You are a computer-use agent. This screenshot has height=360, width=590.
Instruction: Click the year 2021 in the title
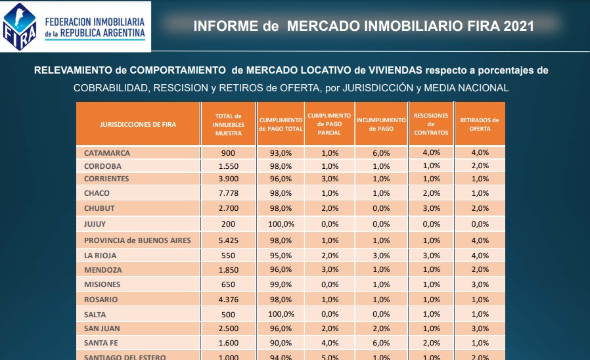(x=518, y=26)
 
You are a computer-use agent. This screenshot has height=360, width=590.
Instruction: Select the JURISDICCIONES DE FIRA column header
(x=138, y=124)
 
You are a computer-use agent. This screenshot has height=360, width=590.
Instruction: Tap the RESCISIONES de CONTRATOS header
(x=431, y=124)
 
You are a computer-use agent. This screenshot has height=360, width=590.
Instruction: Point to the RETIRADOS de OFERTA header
(x=480, y=124)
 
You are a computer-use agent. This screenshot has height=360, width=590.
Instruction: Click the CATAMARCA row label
(x=107, y=152)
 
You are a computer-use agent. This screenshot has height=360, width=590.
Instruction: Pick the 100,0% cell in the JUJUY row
(x=281, y=224)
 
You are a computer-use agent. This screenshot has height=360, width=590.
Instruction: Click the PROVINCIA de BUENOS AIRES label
(x=137, y=240)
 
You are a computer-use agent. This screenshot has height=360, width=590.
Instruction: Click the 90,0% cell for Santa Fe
(x=281, y=342)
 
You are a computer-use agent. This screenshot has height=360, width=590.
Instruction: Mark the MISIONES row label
(x=102, y=284)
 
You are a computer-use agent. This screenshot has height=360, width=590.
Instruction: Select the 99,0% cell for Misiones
(x=281, y=284)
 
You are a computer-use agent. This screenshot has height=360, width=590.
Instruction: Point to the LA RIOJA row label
(x=101, y=255)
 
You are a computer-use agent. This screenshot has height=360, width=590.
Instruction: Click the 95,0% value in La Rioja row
(x=281, y=255)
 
